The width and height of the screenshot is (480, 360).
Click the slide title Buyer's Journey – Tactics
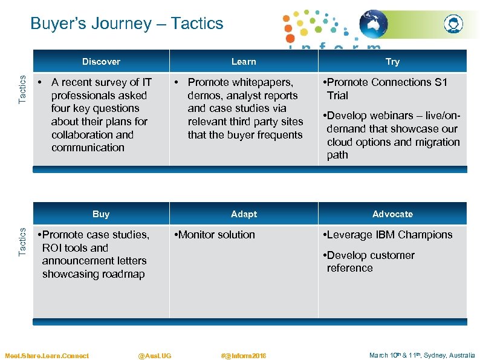click(x=126, y=24)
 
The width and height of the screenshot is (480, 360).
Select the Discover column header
click(x=101, y=61)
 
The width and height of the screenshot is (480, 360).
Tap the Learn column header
click(x=244, y=61)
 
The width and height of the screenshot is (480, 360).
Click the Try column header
click(x=392, y=61)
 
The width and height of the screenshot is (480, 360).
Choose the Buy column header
click(x=101, y=214)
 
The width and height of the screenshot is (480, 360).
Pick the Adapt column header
click(x=244, y=214)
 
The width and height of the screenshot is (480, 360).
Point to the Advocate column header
click(x=392, y=214)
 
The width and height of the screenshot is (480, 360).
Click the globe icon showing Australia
click(x=373, y=24)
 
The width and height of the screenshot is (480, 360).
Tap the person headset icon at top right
click(x=453, y=24)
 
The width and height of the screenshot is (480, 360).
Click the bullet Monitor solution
click(x=216, y=235)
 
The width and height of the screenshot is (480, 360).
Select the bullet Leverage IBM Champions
click(x=389, y=235)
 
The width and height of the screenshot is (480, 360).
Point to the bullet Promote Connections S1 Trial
click(x=386, y=88)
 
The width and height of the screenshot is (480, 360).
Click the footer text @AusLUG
click(x=154, y=355)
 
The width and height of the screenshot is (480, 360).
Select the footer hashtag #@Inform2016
click(x=244, y=355)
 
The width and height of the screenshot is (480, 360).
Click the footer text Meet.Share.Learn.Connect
click(x=47, y=355)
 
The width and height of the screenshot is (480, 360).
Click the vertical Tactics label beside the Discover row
click(x=22, y=88)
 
